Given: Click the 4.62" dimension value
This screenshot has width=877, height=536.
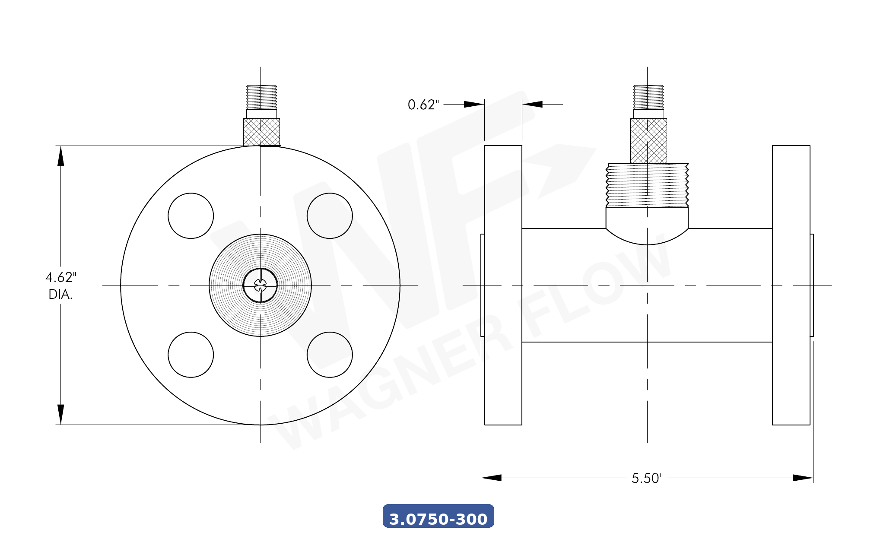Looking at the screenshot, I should coord(61,277).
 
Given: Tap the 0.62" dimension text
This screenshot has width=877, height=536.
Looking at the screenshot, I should coord(423,105).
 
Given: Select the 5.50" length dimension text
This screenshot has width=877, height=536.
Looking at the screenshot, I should coord(646,478).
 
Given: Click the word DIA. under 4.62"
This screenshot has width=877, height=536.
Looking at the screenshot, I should coord(60,295).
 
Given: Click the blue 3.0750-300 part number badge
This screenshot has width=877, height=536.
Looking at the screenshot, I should coord(438,517).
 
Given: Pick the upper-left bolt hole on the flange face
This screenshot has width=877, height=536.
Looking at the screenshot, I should coord(191,216).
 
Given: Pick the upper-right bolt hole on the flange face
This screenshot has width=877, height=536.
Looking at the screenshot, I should coord(330,216).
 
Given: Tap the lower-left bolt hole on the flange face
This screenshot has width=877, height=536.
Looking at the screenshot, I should coord(191,355).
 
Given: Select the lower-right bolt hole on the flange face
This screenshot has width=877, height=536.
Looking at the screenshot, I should coord(330,355).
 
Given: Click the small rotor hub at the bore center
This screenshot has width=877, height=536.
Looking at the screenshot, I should coord(260,285).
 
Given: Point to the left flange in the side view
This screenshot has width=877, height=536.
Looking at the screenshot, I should coord(503,285).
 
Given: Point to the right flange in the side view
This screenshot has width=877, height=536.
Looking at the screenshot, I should coord(791,285).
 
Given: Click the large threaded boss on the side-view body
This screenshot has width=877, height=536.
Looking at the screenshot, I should coord(647,186).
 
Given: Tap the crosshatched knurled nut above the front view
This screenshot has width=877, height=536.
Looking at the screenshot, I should coord(261,132).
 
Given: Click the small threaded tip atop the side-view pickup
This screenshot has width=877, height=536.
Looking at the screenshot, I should coord(648,97).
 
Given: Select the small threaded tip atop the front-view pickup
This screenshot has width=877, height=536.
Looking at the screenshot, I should coord(261,97).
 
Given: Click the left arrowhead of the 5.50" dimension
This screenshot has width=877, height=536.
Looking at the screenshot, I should coord(491,478).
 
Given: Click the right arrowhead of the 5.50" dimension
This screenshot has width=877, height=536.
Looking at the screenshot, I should coord(803,478).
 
